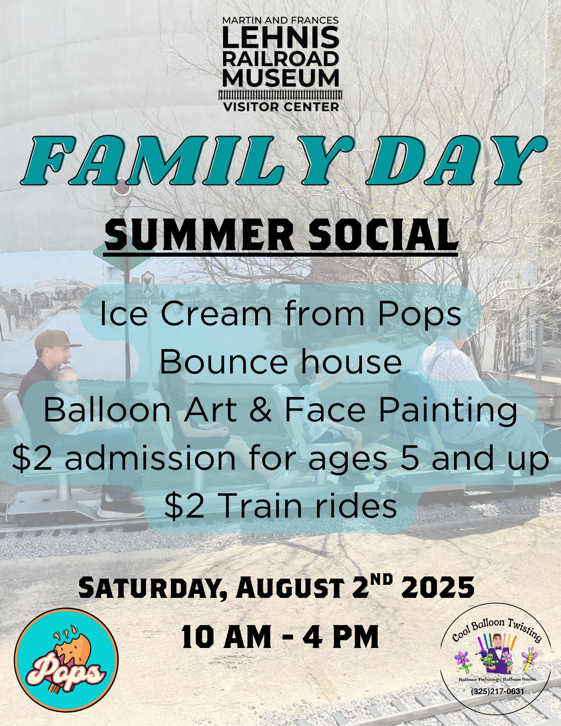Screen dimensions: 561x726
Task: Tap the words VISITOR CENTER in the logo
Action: (280, 107)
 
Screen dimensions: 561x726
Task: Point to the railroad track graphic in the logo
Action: (280, 95)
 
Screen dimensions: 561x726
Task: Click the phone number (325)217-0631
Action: (497, 690)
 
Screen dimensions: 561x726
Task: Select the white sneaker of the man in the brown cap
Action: (119, 507)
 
